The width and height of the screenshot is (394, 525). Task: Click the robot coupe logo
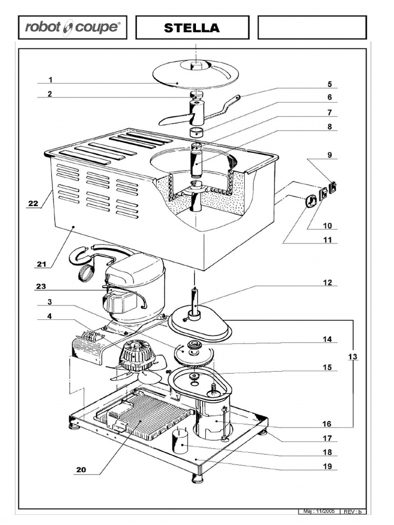tap(72, 28)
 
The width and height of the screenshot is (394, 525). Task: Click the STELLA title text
tap(192, 28)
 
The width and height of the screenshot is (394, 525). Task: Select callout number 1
tap(51, 79)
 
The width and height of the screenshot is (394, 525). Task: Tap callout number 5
tap(329, 84)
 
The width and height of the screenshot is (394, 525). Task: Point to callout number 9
tap(329, 154)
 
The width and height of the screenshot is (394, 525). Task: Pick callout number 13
tap(352, 356)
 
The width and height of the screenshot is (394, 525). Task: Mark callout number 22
tap(33, 204)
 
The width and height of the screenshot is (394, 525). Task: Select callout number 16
tap(327, 424)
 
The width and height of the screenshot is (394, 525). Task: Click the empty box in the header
tap(312, 28)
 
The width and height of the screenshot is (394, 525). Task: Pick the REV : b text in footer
tap(353, 512)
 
